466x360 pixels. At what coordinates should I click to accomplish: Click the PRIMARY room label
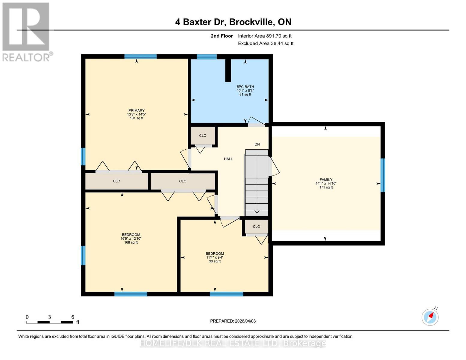tap(137, 111)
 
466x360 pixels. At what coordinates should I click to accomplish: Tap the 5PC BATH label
tap(245, 87)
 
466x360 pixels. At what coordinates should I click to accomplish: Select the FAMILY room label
tap(326, 180)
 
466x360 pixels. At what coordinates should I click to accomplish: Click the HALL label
tap(228, 159)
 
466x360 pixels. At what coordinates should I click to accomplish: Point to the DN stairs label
tap(257, 144)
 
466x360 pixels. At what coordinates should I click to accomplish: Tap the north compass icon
tap(430, 317)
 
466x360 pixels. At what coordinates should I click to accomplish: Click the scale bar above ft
tap(50, 322)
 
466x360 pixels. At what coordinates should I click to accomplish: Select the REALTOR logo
tap(26, 32)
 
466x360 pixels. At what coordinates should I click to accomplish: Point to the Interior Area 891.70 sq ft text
tap(265, 36)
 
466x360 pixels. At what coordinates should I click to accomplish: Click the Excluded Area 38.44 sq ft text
tap(266, 43)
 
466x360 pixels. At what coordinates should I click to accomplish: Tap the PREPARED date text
tap(233, 321)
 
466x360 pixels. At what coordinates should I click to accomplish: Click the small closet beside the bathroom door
tap(203, 136)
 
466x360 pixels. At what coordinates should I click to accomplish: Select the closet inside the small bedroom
tap(256, 226)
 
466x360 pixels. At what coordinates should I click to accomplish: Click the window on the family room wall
tap(383, 175)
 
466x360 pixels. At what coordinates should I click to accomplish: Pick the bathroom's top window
tap(207, 57)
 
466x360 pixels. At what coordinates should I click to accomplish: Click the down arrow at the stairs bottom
tap(257, 211)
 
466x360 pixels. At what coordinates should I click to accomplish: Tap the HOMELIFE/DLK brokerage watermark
tap(233, 343)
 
